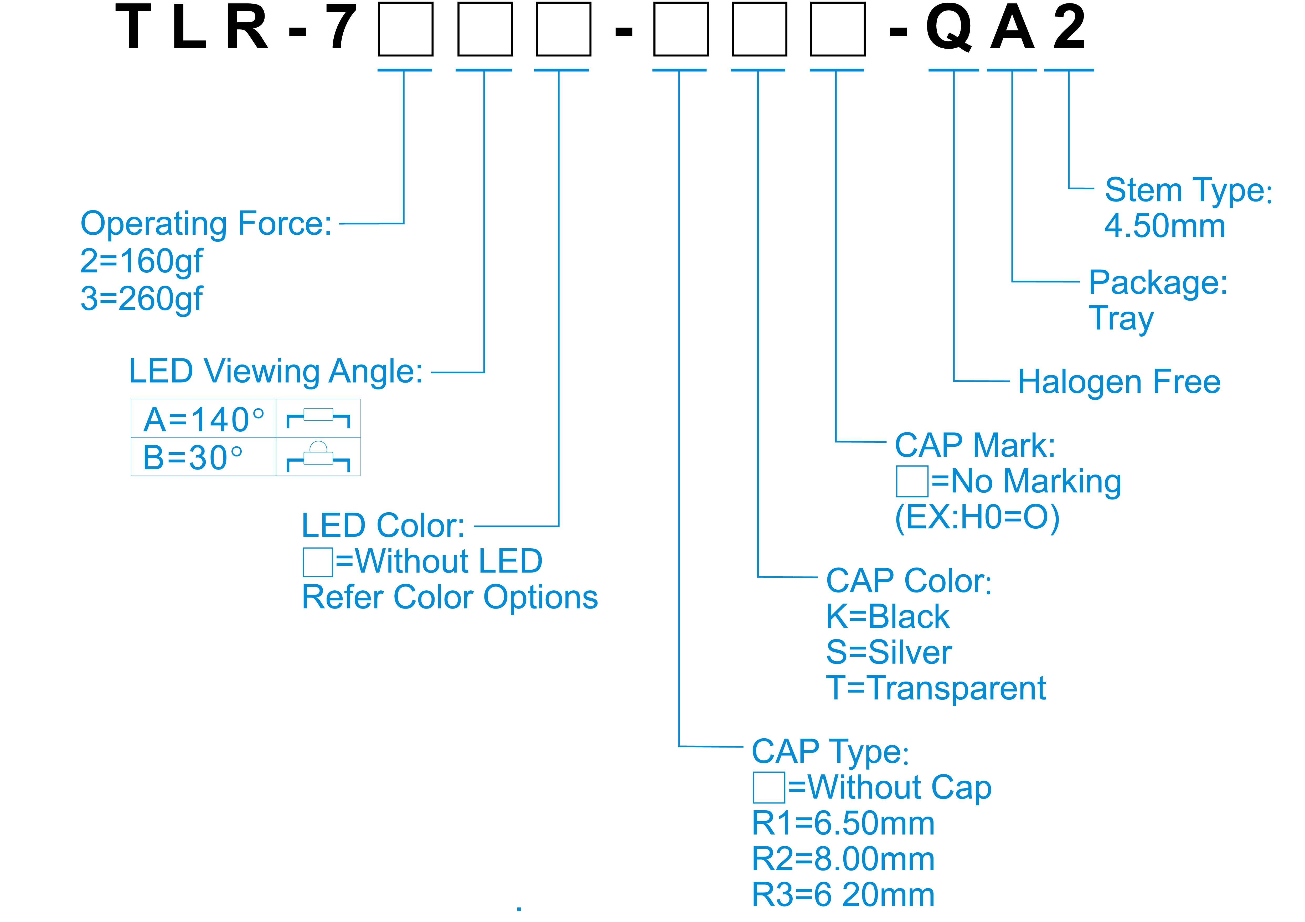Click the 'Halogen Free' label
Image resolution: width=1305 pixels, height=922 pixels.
click(x=1118, y=382)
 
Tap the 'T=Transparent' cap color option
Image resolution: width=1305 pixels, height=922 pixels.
click(x=936, y=688)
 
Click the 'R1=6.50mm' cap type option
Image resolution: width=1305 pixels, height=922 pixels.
click(x=843, y=824)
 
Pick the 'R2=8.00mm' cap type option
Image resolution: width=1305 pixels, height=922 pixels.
click(x=843, y=859)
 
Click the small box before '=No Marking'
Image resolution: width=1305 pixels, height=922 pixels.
click(x=912, y=481)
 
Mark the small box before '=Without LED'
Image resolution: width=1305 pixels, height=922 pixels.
click(x=317, y=562)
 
